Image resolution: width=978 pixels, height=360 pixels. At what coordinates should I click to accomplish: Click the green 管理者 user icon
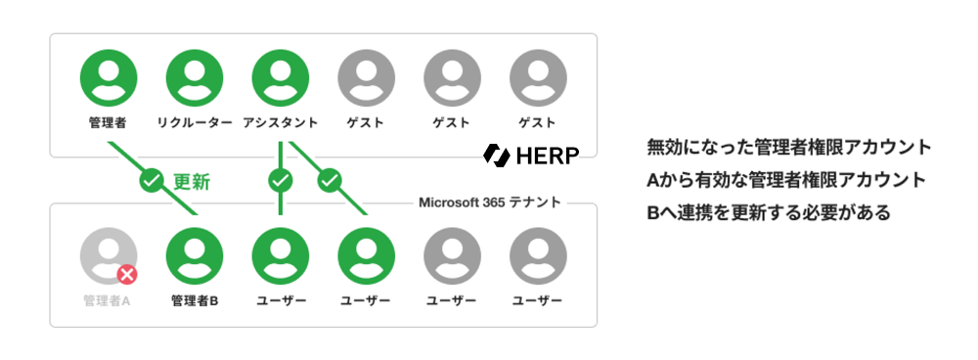(109, 77)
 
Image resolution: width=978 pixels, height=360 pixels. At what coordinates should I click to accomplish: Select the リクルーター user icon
(195, 77)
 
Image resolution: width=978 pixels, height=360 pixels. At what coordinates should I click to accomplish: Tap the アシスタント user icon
(281, 77)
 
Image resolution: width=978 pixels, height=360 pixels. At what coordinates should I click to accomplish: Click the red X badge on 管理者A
(127, 275)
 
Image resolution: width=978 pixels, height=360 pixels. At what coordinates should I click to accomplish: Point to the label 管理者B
(195, 301)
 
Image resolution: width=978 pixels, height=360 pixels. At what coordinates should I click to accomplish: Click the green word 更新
(192, 182)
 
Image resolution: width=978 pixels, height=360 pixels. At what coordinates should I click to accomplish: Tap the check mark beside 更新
(151, 181)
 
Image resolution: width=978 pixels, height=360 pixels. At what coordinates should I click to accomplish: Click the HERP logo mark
(497, 155)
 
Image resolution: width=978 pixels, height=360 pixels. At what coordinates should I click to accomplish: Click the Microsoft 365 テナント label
(490, 202)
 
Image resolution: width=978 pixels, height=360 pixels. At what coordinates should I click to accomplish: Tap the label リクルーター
(195, 123)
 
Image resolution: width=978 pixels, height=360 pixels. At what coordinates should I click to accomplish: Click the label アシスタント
(281, 123)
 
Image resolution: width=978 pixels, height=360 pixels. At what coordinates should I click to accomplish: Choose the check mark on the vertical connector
(281, 181)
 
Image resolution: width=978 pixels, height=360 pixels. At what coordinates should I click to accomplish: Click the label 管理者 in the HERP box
(109, 123)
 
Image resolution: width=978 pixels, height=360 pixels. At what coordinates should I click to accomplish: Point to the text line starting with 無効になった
(789, 148)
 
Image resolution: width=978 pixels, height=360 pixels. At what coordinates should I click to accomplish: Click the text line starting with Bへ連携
(769, 212)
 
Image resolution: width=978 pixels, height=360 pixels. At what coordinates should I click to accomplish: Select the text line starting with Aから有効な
(786, 180)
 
